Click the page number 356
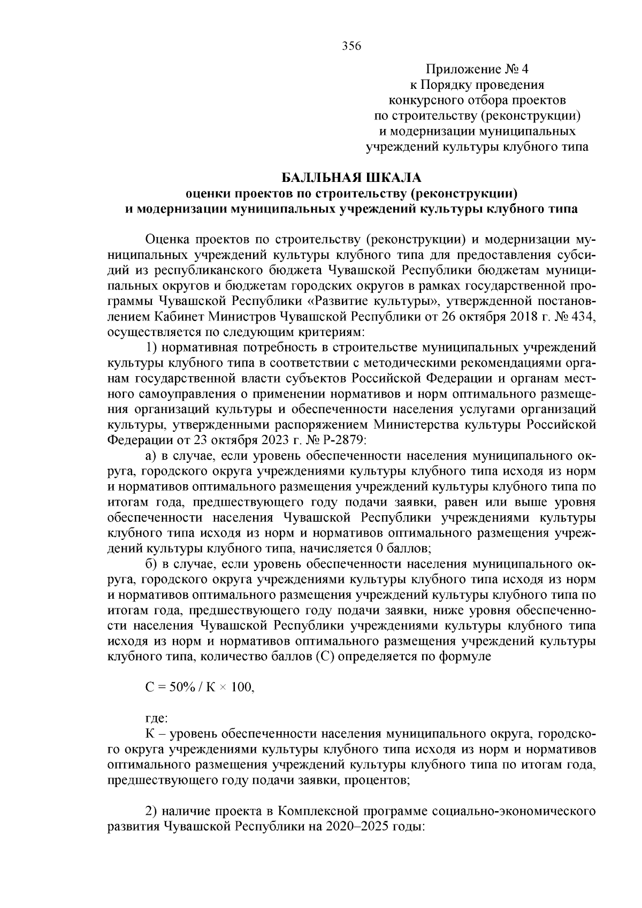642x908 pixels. [x=351, y=46]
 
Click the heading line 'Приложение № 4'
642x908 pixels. [x=477, y=70]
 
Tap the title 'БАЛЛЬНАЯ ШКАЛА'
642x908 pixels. [x=351, y=176]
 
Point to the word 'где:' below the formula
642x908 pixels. [x=157, y=718]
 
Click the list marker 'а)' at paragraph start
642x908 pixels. [x=152, y=456]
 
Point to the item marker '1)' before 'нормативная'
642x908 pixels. [x=151, y=348]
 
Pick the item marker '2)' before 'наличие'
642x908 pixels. [x=151, y=811]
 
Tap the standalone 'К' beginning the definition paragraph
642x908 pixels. [x=150, y=733]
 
